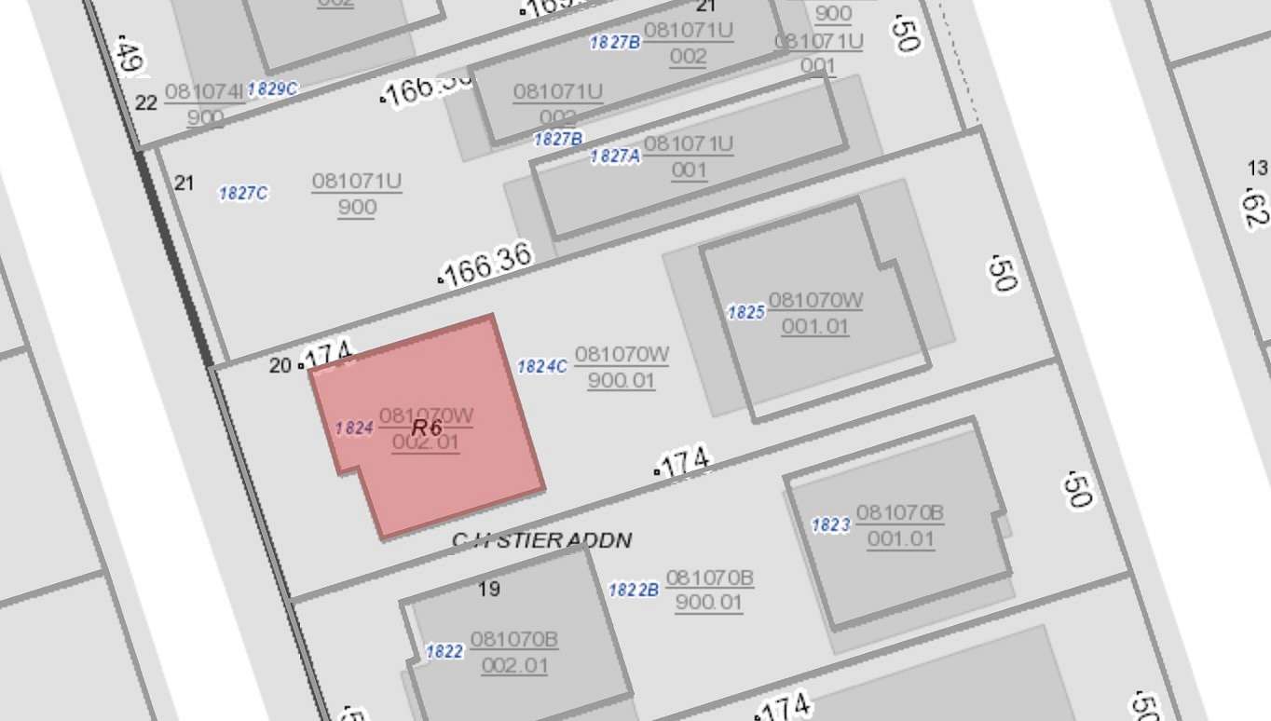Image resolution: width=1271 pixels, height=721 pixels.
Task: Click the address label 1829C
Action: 272,88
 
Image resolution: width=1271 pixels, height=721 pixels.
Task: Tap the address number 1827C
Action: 243,194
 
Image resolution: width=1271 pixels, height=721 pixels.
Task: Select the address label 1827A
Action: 615,156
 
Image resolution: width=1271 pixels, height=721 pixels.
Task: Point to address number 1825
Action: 745,312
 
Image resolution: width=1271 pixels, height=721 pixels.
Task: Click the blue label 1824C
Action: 541,366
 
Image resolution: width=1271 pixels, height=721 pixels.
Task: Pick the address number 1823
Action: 830,525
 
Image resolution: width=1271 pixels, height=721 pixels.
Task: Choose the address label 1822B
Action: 634,590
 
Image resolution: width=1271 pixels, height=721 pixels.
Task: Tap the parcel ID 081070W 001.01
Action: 815,313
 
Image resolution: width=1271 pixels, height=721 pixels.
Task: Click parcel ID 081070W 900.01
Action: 622,367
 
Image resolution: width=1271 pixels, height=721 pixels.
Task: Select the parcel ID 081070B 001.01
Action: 900,525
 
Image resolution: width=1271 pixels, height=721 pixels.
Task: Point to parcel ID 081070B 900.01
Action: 709,590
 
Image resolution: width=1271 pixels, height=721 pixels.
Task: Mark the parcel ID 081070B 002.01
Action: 514,652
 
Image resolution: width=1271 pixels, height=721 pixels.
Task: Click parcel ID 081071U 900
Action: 357,194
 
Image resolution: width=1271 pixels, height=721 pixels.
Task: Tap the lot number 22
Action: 146,102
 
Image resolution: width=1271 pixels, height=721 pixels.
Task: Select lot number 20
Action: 280,365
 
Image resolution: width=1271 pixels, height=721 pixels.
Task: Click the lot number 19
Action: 488,589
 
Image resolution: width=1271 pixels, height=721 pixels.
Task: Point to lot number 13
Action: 1257,168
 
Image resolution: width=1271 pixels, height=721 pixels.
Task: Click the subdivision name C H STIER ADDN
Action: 541,540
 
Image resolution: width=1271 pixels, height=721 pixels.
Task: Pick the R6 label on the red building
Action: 426,428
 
